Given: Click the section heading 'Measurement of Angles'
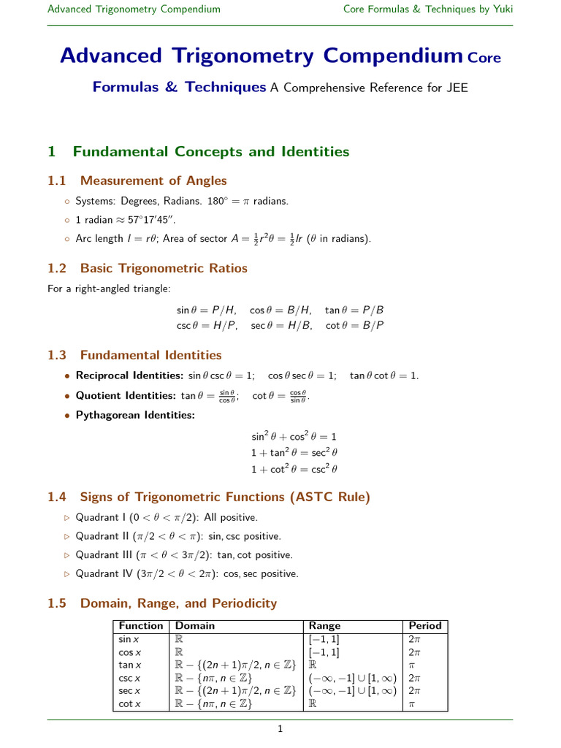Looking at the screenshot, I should (x=153, y=180).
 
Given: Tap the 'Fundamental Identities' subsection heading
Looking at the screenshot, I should (x=150, y=355).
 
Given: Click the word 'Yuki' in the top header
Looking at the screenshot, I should (x=502, y=9).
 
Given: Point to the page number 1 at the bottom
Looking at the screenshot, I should (x=280, y=728).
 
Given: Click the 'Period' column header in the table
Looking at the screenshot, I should (x=425, y=625).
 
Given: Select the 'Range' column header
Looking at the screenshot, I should (x=324, y=625).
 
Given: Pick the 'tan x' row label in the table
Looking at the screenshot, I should (x=129, y=665).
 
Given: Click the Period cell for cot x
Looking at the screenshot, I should (x=413, y=704).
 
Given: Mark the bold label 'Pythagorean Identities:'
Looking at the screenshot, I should (x=135, y=416).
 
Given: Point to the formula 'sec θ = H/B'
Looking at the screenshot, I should (x=282, y=325).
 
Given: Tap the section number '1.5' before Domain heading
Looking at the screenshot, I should (x=57, y=603).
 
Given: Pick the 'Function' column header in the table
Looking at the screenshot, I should (x=141, y=625).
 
